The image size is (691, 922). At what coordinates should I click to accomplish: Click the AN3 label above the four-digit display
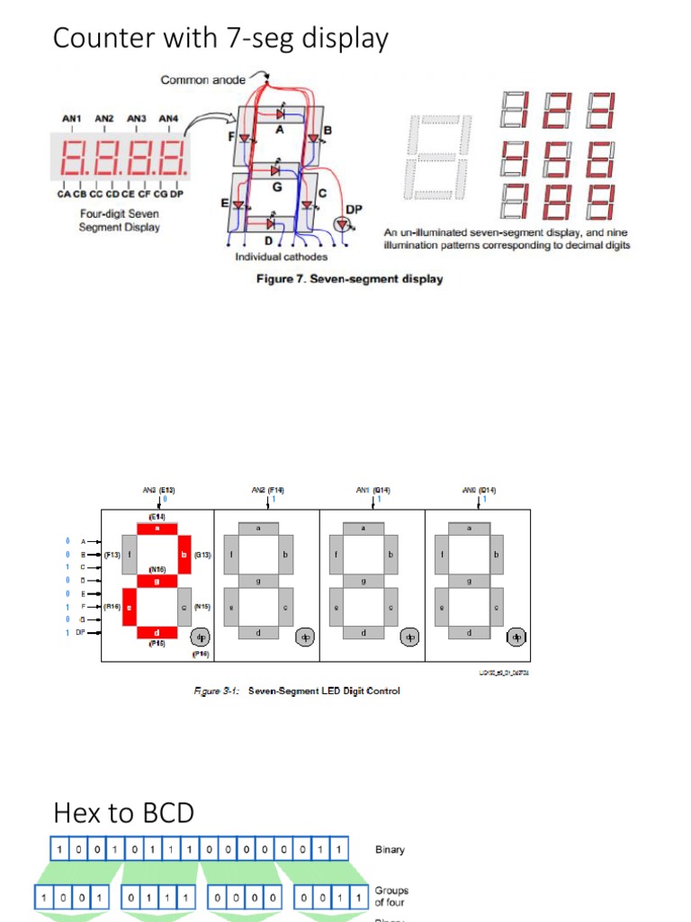point(137,118)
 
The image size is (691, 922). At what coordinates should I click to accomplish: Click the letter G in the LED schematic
point(276,187)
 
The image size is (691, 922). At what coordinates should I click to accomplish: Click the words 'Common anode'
point(203,80)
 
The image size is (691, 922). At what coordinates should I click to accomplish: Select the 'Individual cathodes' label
point(281,258)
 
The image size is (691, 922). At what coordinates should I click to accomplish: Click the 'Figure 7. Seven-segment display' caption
point(349,279)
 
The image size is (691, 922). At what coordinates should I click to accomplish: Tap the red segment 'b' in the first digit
point(185,556)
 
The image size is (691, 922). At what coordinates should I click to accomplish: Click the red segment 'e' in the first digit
point(130,607)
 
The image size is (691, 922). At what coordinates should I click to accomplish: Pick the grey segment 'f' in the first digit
point(130,556)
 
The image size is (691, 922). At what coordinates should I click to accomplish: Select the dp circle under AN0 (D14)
point(516,637)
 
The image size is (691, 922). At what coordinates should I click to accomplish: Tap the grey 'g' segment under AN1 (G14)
point(363,582)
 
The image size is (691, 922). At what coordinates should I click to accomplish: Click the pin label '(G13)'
point(202,556)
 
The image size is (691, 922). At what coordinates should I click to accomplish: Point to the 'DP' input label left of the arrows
point(79,633)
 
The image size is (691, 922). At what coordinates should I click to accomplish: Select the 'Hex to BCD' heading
point(123,813)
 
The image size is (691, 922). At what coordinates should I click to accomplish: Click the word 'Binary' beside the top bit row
point(390,849)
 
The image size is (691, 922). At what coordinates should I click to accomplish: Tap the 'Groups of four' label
point(391,896)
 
